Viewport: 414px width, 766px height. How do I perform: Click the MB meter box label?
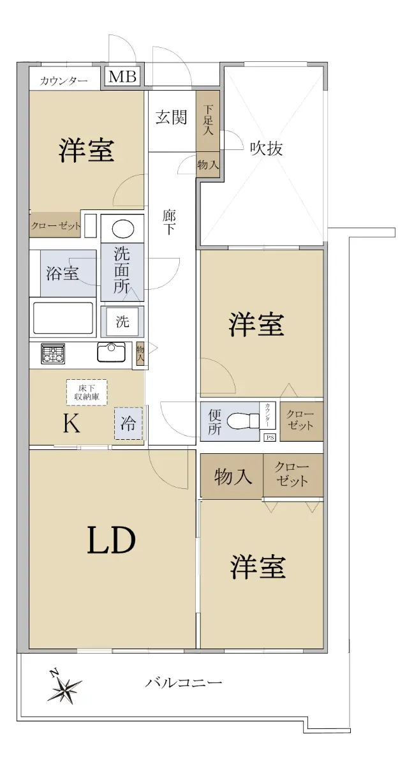tap(122, 77)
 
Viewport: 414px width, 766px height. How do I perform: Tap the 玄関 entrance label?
tap(171, 117)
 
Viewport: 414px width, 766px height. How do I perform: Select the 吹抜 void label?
tap(266, 148)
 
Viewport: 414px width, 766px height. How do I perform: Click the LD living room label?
tap(112, 540)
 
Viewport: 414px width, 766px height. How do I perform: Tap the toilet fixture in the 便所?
tap(243, 420)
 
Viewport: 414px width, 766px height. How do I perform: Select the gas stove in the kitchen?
tap(53, 353)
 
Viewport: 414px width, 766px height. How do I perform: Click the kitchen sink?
tap(111, 352)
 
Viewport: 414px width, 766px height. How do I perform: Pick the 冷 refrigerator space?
tap(128, 423)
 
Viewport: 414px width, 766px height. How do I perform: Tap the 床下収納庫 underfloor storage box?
tap(87, 393)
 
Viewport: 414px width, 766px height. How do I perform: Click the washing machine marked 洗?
tap(122, 322)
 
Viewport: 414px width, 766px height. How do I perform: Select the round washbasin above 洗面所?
tap(122, 229)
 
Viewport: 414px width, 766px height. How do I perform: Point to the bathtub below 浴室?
tap(63, 318)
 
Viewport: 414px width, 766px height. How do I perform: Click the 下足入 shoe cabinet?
tap(208, 121)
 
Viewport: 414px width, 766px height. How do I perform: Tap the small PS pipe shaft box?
tap(270, 437)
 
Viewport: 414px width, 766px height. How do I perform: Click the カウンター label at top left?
tap(64, 81)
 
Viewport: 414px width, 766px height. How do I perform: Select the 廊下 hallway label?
tap(169, 222)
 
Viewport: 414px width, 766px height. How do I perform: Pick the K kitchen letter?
tap(72, 424)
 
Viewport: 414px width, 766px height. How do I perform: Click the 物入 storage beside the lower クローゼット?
tap(232, 476)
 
